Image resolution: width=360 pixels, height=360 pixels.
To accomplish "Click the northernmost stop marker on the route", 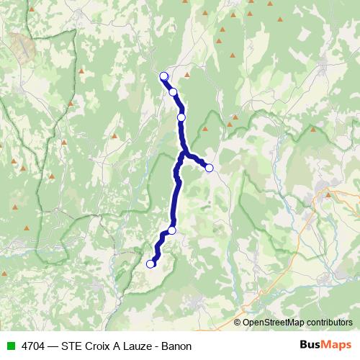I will tap(163, 76).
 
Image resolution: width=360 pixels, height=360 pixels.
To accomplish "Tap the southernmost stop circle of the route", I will tap(150, 264).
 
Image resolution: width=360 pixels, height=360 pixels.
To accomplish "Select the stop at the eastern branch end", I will tap(210, 168).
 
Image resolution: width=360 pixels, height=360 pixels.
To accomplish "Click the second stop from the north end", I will tap(173, 91).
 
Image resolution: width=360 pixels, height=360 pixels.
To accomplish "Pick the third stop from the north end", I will tap(181, 117).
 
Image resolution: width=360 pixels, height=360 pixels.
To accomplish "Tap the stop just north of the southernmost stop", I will tap(172, 230).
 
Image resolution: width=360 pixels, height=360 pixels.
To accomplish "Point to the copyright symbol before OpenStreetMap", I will tap(238, 323).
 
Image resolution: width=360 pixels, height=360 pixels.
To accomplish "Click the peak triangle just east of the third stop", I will tap(204, 129).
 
